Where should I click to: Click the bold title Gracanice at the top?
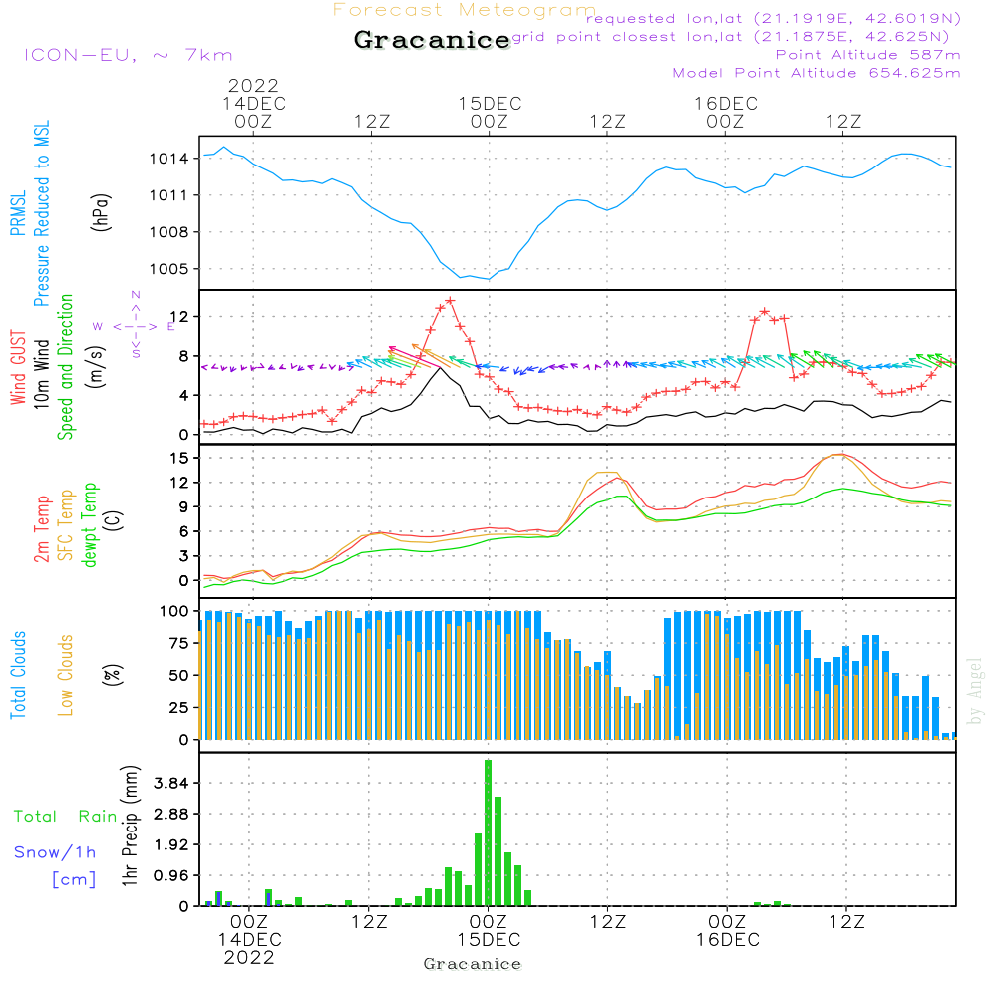tap(432, 41)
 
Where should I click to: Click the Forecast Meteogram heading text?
tap(464, 11)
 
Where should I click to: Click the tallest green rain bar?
tap(488, 832)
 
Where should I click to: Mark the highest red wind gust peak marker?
tap(450, 300)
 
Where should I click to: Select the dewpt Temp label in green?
tap(90, 525)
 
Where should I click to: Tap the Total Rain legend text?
tap(65, 817)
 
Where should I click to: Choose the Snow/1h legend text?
tap(56, 852)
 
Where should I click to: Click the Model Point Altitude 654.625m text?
tap(817, 73)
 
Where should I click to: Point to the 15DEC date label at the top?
tap(490, 104)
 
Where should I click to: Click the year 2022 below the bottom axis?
tap(249, 958)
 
